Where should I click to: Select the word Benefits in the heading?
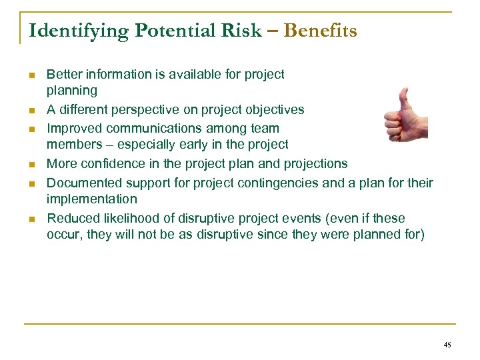coord(320,31)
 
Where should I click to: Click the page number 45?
coord(447,345)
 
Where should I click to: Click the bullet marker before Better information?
coord(32,75)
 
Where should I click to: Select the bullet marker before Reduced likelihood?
coord(32,219)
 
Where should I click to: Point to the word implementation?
coord(91,199)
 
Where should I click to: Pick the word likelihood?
coord(131,218)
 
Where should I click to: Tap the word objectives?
coord(275,109)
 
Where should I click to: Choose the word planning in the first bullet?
coord(71,91)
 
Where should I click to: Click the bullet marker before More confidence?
coord(32,164)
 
